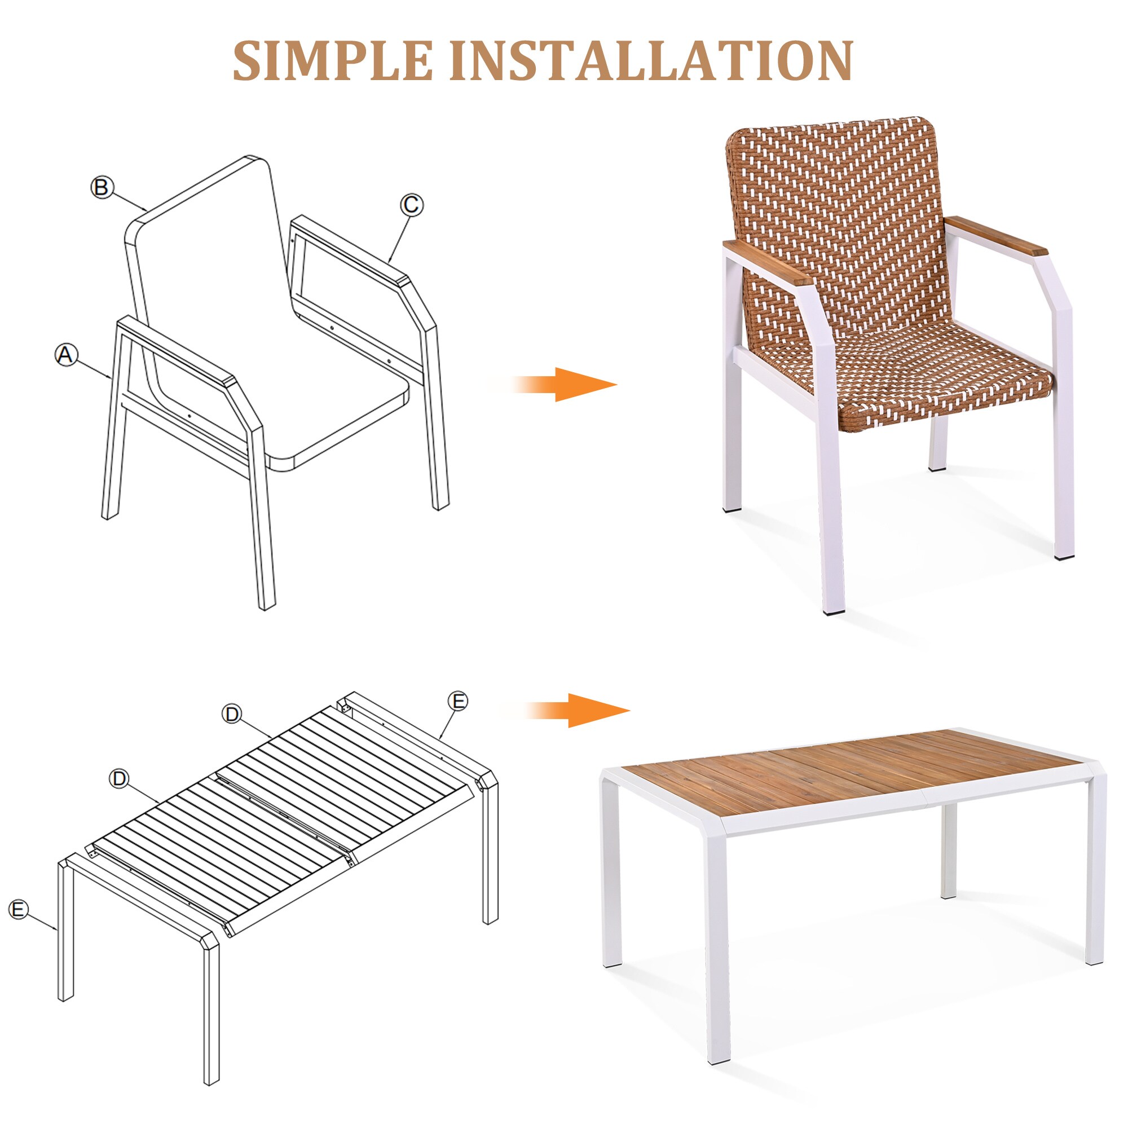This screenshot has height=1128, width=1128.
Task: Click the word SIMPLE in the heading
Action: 333,61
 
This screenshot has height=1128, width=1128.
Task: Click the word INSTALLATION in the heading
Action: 651,61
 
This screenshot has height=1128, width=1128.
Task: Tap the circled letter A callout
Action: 66,354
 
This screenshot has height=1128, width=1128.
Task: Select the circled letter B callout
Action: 102,187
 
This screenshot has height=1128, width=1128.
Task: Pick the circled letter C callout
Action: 411,205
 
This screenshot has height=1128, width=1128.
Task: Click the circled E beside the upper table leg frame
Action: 459,700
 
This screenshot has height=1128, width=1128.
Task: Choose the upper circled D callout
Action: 232,713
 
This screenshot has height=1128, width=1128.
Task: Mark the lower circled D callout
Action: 120,778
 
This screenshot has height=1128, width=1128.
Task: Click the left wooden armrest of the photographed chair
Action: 765,261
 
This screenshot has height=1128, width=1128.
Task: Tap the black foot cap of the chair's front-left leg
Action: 829,611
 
